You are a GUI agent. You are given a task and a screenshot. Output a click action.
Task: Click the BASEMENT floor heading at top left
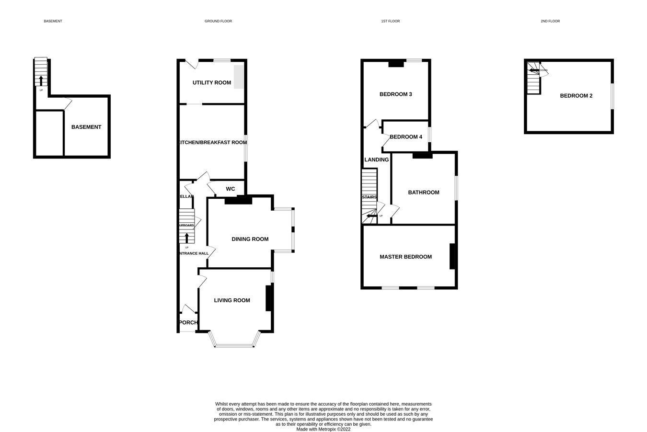click(x=53, y=21)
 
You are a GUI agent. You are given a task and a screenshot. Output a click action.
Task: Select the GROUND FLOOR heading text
click(x=218, y=21)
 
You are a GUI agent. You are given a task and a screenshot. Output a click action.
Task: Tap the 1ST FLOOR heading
click(x=390, y=21)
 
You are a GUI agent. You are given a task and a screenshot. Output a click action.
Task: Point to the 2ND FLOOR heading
click(x=550, y=21)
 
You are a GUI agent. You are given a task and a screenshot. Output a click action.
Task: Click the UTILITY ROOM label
click(x=212, y=83)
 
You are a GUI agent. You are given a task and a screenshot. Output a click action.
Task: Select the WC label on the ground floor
click(x=231, y=189)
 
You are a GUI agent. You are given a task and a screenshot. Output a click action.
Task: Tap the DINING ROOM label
click(x=250, y=239)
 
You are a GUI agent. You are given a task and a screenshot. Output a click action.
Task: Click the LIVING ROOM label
click(x=232, y=300)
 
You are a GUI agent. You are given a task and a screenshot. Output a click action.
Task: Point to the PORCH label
click(x=188, y=323)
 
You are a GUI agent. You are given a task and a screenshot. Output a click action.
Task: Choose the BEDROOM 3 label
click(x=396, y=94)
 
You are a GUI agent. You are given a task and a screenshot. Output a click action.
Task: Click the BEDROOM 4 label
click(x=406, y=137)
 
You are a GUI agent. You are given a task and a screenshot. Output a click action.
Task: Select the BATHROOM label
click(x=424, y=193)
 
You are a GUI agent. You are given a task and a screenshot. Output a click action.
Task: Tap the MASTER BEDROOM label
click(x=405, y=257)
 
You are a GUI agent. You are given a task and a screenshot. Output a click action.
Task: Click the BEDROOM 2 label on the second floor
click(x=576, y=96)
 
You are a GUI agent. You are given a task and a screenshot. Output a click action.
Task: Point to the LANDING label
click(x=377, y=159)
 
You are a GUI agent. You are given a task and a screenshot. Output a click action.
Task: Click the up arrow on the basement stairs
click(x=41, y=80)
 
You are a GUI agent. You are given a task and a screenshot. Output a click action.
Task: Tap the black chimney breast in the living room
click(x=269, y=298)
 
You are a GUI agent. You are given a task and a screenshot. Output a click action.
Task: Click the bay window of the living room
click(x=235, y=345)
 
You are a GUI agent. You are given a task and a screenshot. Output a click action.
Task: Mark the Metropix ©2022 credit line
click(x=323, y=429)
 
